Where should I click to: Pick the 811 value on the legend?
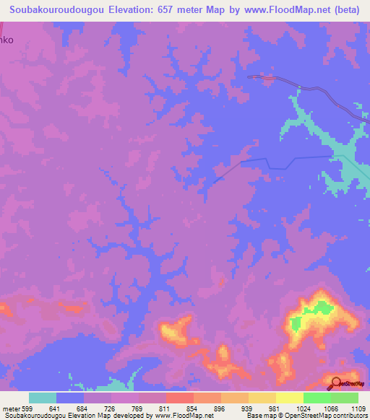[x=165, y=408]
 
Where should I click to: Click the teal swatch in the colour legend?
[x=43, y=398]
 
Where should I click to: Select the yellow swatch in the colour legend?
[x=289, y=398]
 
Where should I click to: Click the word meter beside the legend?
[x=11, y=408]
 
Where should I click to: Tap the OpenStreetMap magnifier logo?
[x=336, y=383]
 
